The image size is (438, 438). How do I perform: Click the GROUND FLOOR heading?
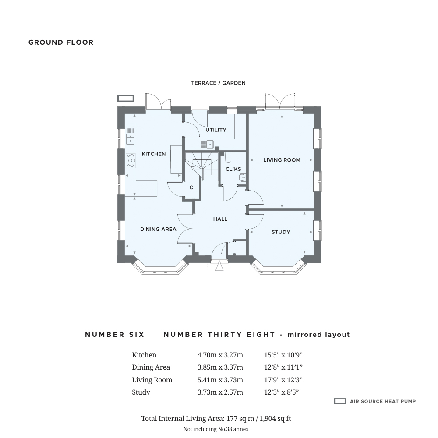pos(61,42)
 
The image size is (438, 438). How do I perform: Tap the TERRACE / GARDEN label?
pos(218,83)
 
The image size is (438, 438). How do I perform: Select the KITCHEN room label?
pos(154,154)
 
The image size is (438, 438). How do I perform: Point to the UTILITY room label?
pos(216,130)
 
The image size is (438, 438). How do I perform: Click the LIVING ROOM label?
pos(282,160)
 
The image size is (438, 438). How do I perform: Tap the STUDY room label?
pos(281,232)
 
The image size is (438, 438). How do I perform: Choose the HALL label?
pos(220,219)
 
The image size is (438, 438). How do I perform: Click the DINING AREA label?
pos(158,229)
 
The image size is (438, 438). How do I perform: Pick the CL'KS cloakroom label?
pos(233,169)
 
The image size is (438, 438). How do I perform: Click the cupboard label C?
pos(191,187)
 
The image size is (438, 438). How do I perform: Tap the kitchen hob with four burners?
pos(131,160)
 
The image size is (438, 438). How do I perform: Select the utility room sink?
pos(207,144)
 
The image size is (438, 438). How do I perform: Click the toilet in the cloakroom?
pos(228,158)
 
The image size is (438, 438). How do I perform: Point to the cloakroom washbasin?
pos(242,177)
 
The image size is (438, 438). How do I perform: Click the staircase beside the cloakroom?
pos(202,166)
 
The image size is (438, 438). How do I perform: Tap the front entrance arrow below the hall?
pos(219,266)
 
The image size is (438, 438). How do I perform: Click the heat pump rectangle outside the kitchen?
pos(126,98)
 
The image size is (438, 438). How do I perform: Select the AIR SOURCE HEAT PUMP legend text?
pos(383,401)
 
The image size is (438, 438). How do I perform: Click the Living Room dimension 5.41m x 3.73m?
pos(220,380)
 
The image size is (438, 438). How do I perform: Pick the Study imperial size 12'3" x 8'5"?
pos(281,392)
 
